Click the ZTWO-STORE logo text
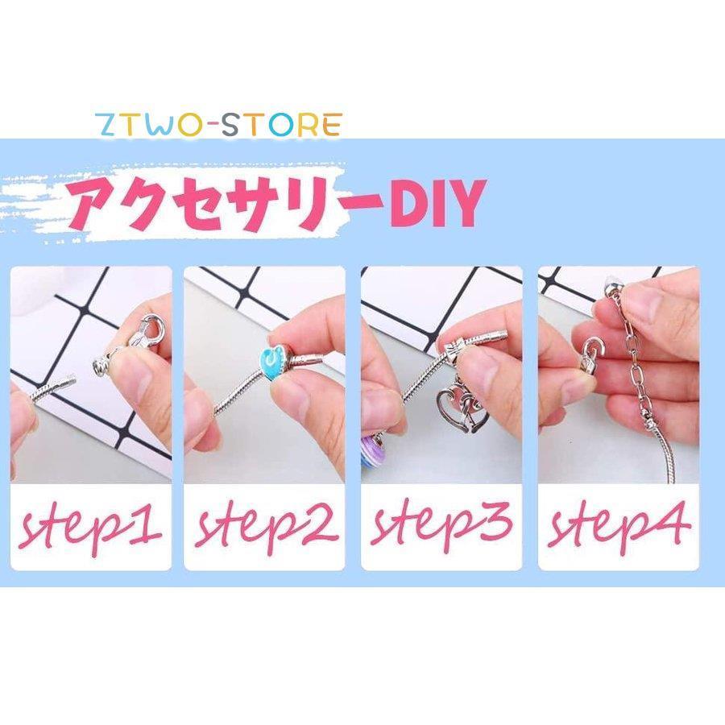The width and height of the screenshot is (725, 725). (x=218, y=125)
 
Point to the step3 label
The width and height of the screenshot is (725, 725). (x=441, y=525)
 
